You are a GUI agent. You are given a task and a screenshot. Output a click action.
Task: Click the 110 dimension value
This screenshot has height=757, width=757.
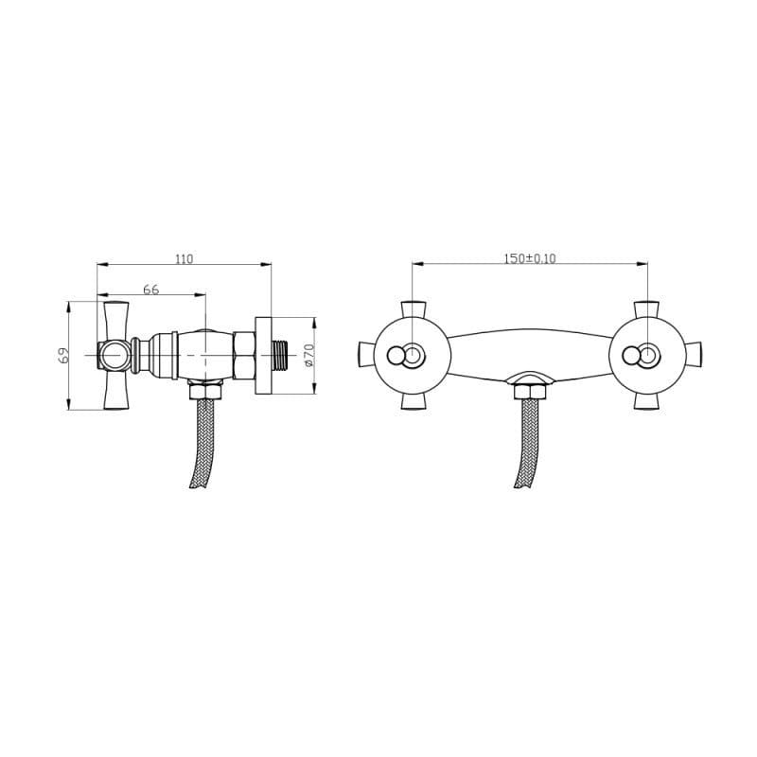[184, 259]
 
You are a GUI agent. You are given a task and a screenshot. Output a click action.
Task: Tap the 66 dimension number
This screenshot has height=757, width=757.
[151, 290]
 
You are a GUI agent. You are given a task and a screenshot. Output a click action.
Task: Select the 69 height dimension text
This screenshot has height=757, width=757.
[63, 356]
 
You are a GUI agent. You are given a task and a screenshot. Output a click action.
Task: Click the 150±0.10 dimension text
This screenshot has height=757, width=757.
[530, 258]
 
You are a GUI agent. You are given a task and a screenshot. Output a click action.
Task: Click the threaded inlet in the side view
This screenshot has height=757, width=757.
[280, 355]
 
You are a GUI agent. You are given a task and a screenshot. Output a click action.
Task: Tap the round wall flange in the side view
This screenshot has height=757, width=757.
[264, 356]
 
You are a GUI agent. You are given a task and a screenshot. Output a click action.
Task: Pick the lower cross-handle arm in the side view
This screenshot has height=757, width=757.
[116, 390]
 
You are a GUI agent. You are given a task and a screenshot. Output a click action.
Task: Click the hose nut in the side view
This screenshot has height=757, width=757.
[205, 390]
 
